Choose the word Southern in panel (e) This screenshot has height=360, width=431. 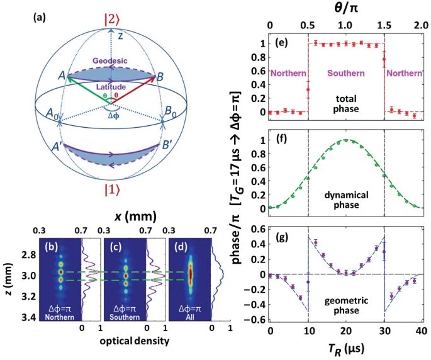click(345, 74)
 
